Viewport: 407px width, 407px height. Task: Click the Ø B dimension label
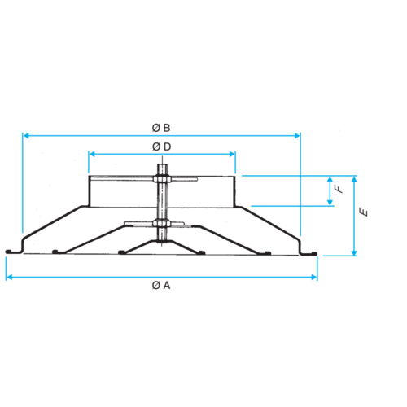click(161, 128)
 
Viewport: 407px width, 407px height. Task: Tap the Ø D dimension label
click(162, 147)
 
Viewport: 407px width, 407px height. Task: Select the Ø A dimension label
click(161, 286)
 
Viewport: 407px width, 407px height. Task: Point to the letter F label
click(339, 189)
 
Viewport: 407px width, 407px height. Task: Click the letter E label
click(364, 212)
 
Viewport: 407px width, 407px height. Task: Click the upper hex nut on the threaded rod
click(162, 179)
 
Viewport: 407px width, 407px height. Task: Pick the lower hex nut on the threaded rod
click(161, 223)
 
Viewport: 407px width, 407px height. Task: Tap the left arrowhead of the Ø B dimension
click(26, 135)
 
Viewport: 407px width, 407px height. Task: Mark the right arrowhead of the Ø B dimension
click(297, 135)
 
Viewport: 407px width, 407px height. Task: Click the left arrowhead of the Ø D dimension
click(92, 154)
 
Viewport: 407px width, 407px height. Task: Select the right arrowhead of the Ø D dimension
click(232, 154)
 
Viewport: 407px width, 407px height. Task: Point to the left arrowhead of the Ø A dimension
click(9, 277)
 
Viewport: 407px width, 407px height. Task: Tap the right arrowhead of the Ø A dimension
click(314, 277)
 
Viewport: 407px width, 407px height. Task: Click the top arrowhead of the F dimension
click(330, 179)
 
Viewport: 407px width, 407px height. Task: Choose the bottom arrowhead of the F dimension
click(330, 203)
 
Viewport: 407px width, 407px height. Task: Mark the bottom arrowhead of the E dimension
click(354, 252)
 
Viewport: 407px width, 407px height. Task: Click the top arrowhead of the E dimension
click(354, 179)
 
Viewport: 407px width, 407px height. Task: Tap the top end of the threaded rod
click(162, 165)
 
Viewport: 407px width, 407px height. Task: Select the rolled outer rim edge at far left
click(8, 252)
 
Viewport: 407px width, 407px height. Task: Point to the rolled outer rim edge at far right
click(314, 253)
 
